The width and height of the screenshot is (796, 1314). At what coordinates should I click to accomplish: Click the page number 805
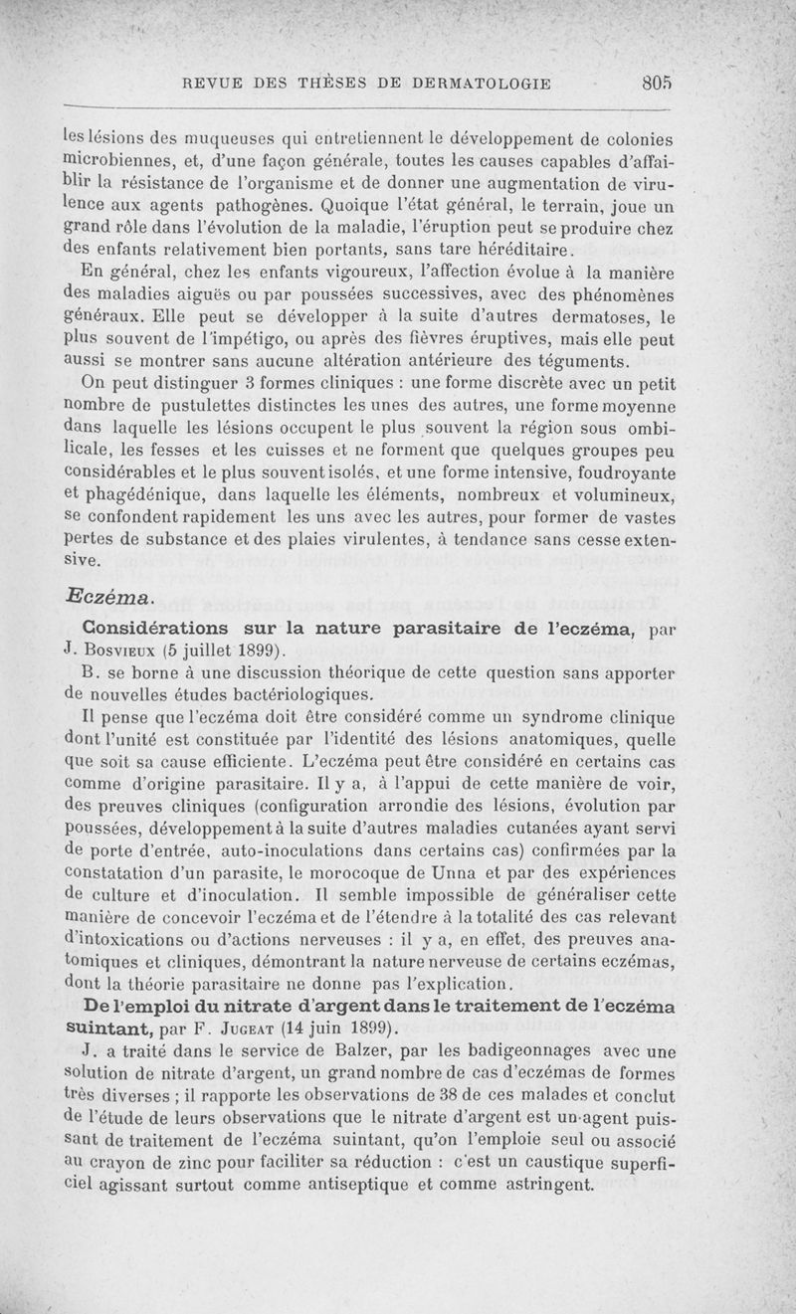coord(658,85)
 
